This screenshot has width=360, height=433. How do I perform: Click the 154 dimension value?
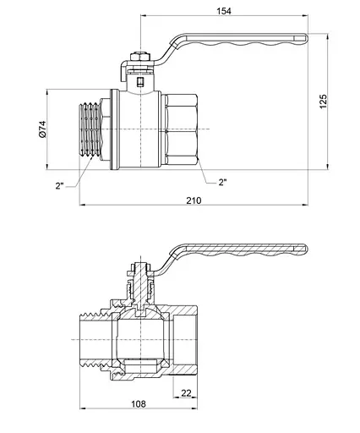[x=224, y=11]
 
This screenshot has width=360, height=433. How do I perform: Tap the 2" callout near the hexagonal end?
[x=222, y=181]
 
